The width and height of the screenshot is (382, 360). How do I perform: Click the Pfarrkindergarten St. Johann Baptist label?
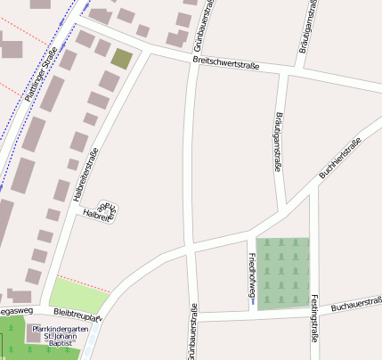click(60, 335)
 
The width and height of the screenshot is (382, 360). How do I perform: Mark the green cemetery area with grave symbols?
click(283, 273)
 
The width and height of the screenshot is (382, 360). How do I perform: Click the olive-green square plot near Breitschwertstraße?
click(121, 60)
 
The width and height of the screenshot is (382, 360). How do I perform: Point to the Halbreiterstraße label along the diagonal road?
click(85, 173)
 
